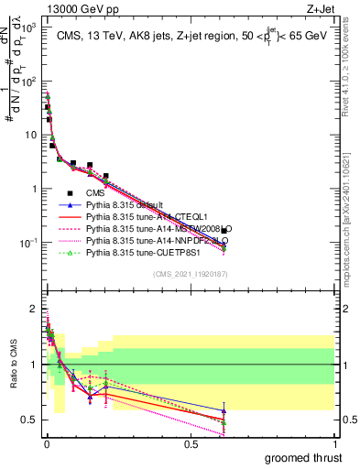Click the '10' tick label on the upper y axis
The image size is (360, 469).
click(x=31, y=135)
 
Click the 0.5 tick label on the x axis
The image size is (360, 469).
click(x=191, y=444)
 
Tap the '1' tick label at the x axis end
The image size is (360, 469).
click(x=334, y=444)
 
